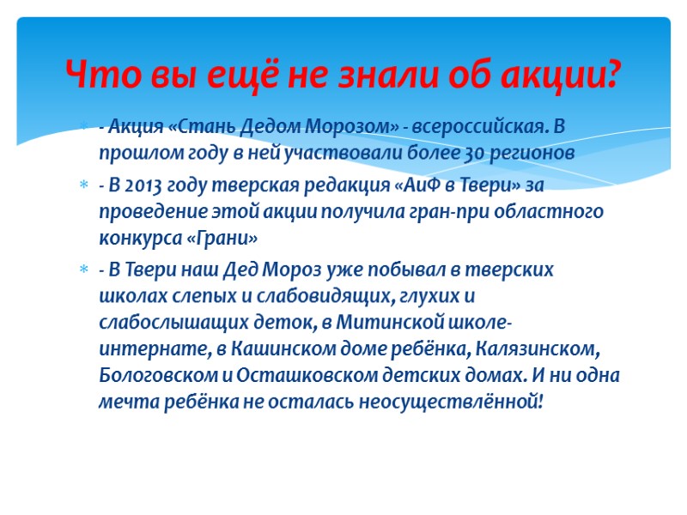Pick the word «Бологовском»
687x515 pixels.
(159, 375)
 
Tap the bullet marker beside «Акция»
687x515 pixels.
(83, 129)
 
